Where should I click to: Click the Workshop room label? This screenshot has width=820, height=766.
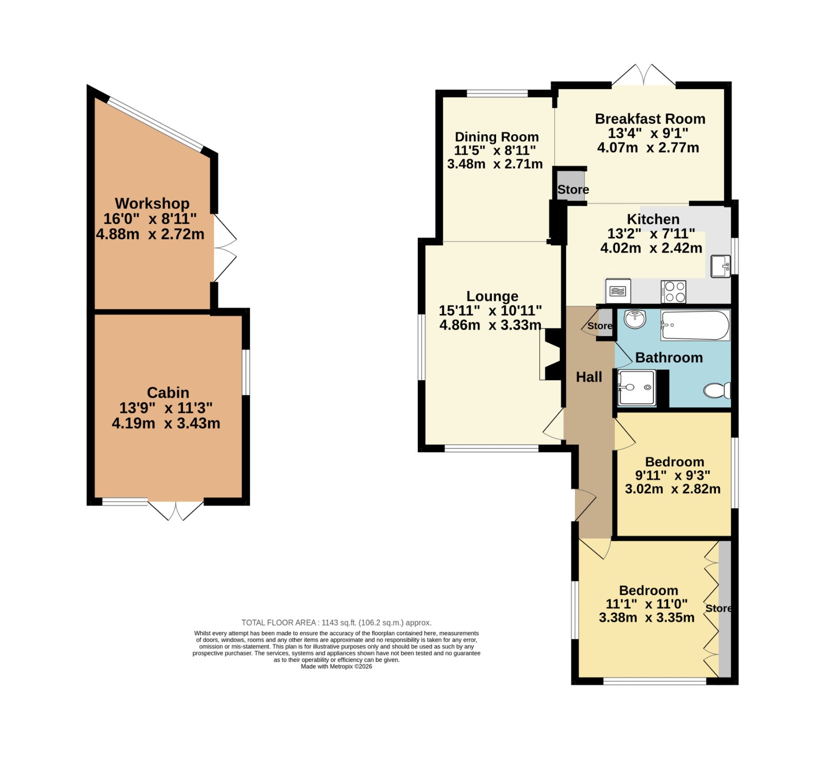pyautogui.click(x=152, y=203)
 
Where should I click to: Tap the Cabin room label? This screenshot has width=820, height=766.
pyautogui.click(x=168, y=392)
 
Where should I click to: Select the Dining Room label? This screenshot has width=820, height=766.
pyautogui.click(x=497, y=137)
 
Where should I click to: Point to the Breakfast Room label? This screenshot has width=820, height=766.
pyautogui.click(x=650, y=119)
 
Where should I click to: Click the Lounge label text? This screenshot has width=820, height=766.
pyautogui.click(x=492, y=296)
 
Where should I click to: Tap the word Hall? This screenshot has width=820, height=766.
pyautogui.click(x=589, y=377)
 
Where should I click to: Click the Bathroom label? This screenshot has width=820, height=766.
pyautogui.click(x=669, y=358)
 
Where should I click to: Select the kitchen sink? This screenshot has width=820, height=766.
pyautogui.click(x=721, y=265)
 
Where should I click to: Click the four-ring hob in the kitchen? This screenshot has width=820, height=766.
pyautogui.click(x=673, y=292)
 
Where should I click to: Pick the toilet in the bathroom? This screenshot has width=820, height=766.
pyautogui.click(x=717, y=390)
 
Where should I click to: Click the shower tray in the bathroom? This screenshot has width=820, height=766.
pyautogui.click(x=637, y=388)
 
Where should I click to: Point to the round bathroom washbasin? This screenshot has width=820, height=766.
pyautogui.click(x=635, y=320)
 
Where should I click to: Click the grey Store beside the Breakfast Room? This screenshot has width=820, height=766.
pyautogui.click(x=571, y=184)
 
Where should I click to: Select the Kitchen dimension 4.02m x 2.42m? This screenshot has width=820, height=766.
pyautogui.click(x=651, y=248)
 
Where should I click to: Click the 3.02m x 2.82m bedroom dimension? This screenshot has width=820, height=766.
pyautogui.click(x=672, y=489)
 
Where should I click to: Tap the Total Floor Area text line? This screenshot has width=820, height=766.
pyautogui.click(x=336, y=623)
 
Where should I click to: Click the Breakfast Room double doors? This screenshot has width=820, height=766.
pyautogui.click(x=643, y=75)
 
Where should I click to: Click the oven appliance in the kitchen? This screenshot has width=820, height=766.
pyautogui.click(x=618, y=291)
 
